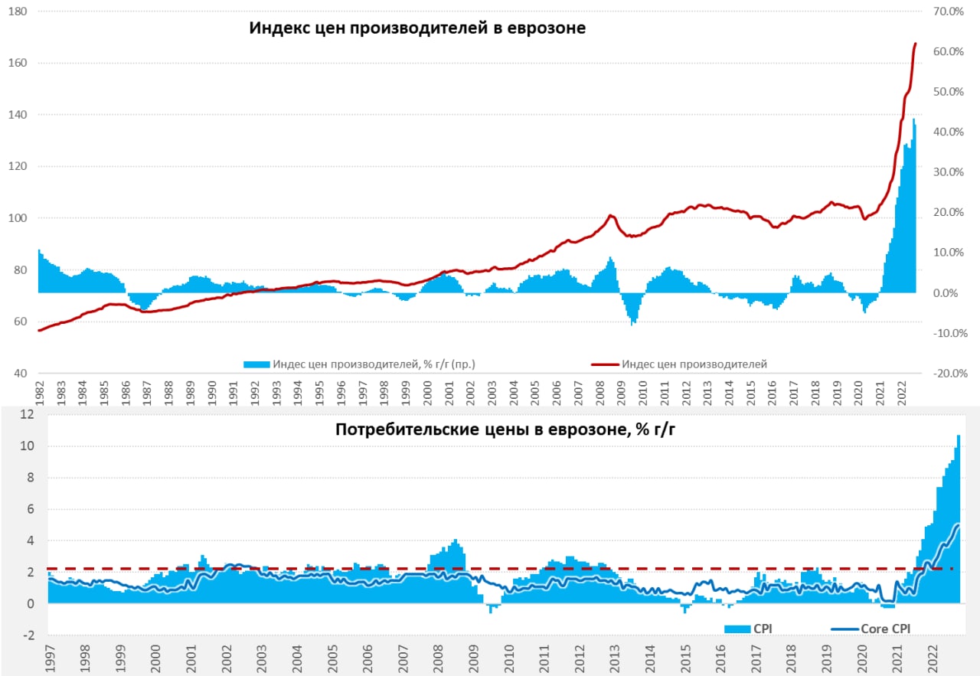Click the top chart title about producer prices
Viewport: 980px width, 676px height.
417,29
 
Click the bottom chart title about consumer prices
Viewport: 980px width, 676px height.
505,429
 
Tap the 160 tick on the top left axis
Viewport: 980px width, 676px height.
18,64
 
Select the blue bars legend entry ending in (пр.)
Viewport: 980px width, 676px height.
360,364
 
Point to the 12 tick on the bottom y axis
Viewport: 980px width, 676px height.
28,415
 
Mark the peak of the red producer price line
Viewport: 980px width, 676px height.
915,44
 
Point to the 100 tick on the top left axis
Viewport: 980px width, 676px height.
18,219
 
